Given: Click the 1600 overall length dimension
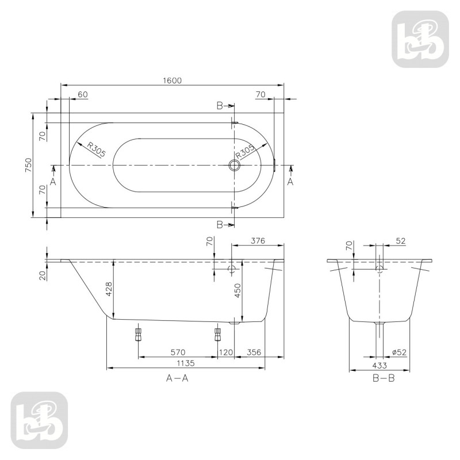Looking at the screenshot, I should pos(172,80).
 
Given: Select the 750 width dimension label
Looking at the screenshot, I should pos(35,166).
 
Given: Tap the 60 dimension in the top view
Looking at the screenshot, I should pos(82,94).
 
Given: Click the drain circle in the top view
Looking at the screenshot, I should pos(234,166).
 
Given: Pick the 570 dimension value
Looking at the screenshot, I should pos(178,352).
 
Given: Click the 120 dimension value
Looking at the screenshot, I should pos(225,352).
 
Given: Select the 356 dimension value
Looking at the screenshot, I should pos(254,352).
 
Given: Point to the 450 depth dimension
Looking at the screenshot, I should pos(237,290).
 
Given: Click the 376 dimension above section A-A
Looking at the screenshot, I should pos(257,240).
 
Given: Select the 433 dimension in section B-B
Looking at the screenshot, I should pos(379,365).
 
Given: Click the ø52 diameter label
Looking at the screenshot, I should pos(399,352).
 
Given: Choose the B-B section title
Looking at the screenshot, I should pos(383,378).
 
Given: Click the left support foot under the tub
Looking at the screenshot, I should pos(138,334).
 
